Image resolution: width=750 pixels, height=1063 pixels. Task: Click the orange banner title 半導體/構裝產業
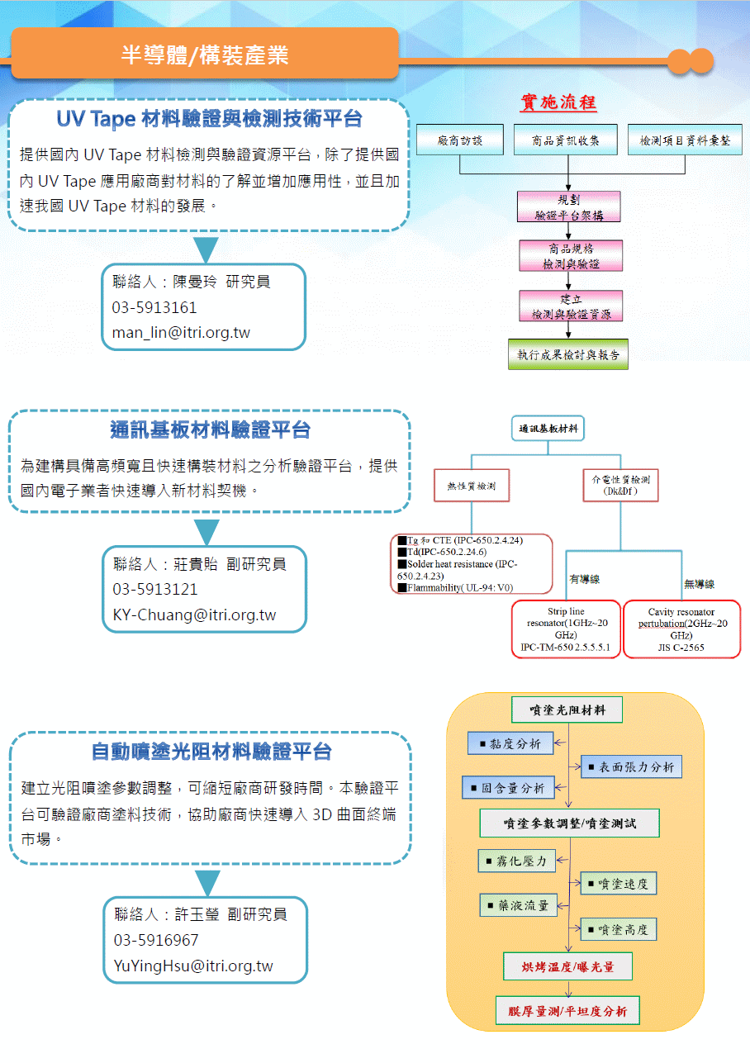pos(205,55)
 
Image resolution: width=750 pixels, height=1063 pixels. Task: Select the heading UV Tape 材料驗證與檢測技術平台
pos(209,119)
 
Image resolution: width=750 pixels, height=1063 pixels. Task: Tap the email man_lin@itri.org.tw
pos(181,333)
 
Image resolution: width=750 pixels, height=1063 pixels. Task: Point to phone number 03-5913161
pos(154,307)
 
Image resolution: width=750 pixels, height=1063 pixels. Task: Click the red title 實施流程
pos(558,102)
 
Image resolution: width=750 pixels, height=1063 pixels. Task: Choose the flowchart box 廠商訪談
pos(460,141)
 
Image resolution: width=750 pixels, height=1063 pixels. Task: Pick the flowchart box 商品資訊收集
pos(567,141)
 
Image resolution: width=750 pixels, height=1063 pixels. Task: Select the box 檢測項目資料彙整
pos(685,141)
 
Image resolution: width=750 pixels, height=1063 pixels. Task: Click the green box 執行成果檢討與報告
pos(567,354)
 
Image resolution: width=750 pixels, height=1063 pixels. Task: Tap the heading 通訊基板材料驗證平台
pos(210,430)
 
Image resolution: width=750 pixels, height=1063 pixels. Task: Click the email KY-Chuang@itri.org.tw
pos(194,615)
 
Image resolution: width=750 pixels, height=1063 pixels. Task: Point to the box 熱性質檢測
pos(472,486)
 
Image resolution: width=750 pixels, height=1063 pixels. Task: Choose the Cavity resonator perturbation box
pos(681,629)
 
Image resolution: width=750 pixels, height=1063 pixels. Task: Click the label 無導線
pos(699,584)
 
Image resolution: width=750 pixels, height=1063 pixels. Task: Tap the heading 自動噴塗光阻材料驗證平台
pos(211,752)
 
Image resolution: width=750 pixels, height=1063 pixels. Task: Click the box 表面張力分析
pos(631,766)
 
